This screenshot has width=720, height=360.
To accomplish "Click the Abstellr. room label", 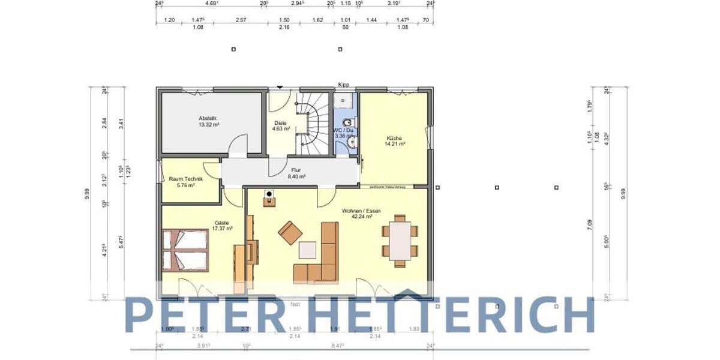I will (208, 122).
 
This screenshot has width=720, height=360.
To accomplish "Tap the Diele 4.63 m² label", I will (281, 125).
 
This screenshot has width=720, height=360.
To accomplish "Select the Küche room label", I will (395, 141).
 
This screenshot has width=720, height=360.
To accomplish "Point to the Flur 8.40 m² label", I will (296, 173).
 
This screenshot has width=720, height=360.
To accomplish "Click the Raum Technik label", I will (185, 182).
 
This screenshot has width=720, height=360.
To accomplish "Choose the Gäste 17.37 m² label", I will (223, 226).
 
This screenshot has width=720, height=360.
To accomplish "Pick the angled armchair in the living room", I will (290, 233).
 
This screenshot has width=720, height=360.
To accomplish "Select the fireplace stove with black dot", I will (269, 198).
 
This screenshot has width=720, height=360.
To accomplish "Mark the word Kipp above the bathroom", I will (343, 85).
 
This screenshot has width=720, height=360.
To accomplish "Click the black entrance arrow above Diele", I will (279, 88).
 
